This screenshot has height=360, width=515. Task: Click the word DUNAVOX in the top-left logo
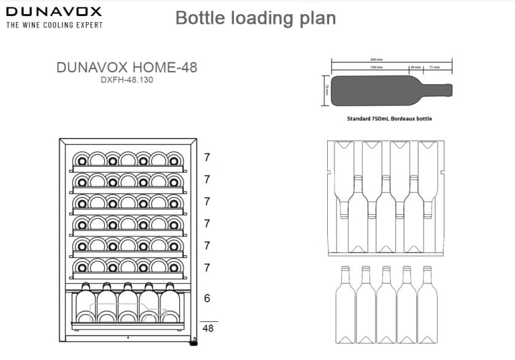(x=54, y=11)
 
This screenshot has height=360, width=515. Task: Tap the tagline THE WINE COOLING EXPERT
(x=54, y=25)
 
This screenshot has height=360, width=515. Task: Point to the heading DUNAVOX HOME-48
(x=126, y=67)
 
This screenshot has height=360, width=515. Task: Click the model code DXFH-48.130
(x=126, y=80)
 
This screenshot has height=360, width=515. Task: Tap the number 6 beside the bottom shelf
(x=207, y=299)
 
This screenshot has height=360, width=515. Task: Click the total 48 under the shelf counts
(x=208, y=328)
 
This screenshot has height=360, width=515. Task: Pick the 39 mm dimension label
(x=416, y=67)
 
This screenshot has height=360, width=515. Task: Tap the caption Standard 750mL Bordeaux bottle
(x=389, y=118)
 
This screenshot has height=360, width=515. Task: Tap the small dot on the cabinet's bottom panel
(x=128, y=338)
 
